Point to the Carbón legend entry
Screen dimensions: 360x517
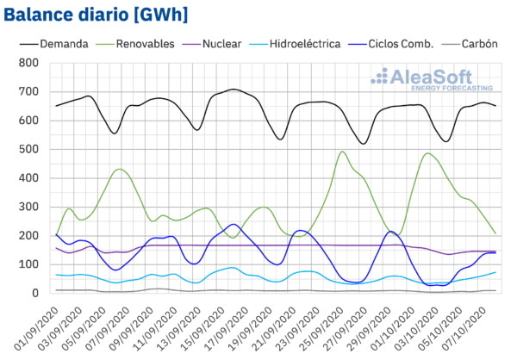coord(478,43)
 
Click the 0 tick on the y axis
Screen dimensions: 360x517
coord(35,294)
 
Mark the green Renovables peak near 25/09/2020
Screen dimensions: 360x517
coord(343,152)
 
